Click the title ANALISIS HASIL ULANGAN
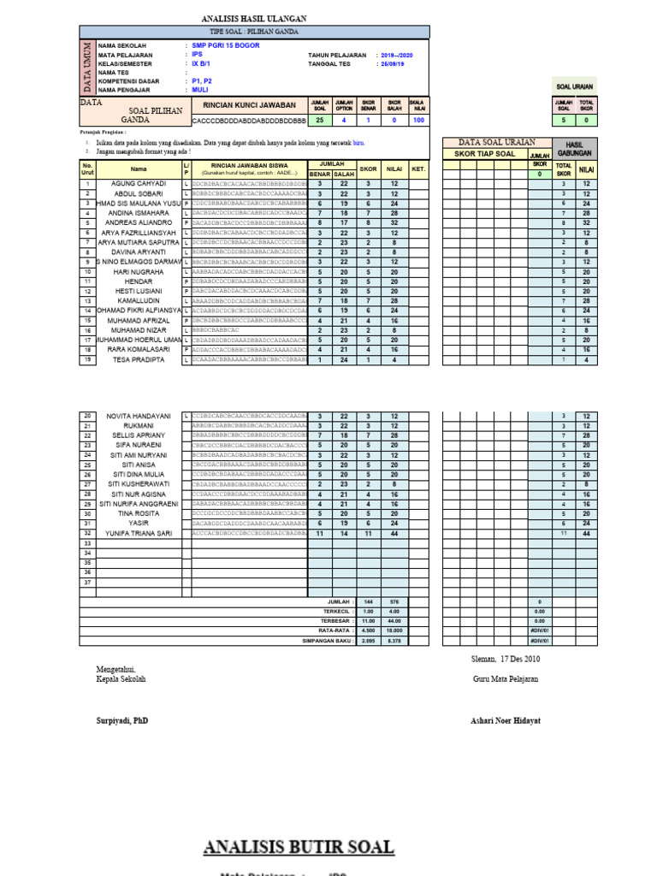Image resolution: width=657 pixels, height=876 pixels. point(253,18)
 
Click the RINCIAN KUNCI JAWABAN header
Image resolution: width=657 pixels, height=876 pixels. point(249,104)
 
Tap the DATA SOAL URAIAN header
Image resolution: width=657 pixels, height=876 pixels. point(496,142)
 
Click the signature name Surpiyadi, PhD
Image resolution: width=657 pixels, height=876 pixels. point(121,720)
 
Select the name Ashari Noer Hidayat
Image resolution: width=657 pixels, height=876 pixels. point(506,720)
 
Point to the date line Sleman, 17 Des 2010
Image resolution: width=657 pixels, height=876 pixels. point(506,659)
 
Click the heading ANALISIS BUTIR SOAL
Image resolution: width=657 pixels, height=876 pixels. point(299,847)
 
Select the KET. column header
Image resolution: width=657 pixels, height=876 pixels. point(418,169)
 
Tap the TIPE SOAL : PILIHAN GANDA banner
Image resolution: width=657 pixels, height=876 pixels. point(254,31)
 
